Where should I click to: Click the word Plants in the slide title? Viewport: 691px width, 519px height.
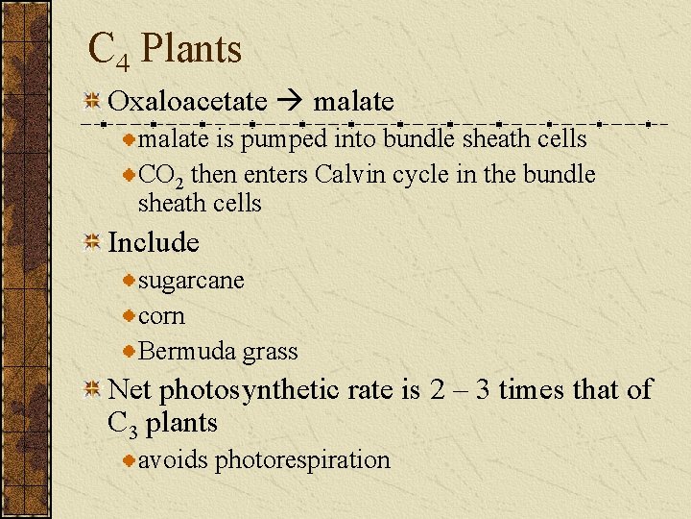(x=191, y=48)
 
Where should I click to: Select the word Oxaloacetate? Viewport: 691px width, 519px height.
(x=187, y=101)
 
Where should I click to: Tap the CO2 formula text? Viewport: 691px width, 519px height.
(x=162, y=176)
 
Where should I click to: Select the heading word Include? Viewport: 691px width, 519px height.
(x=154, y=242)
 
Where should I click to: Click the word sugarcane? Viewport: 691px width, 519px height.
(x=192, y=282)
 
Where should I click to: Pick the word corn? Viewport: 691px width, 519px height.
(x=162, y=316)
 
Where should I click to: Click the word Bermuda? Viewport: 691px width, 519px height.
(x=188, y=352)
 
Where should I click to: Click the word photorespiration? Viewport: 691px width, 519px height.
(x=302, y=460)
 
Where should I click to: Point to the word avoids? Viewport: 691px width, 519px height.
(x=173, y=460)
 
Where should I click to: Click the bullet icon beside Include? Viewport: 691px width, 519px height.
(x=92, y=243)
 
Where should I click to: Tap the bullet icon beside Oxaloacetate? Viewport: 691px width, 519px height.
(x=92, y=102)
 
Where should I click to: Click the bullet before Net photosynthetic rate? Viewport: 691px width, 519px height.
(x=92, y=390)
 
